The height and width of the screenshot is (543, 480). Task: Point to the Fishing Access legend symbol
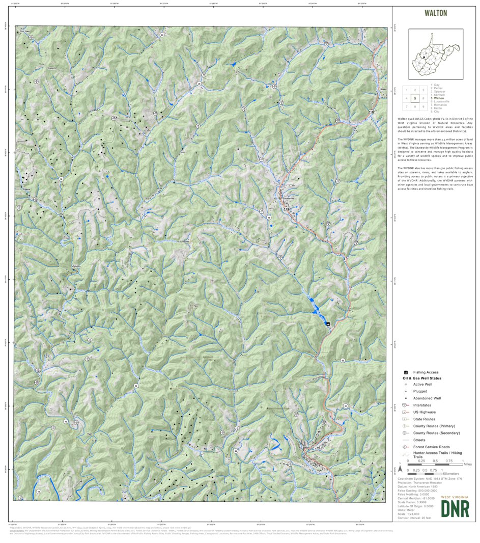click(406, 372)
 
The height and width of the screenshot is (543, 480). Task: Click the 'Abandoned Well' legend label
click(427, 398)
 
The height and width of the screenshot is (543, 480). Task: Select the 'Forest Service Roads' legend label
click(431, 447)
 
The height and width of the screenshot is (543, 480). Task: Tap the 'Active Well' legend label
click(422, 385)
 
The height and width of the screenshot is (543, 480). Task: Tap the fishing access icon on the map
click(327, 323)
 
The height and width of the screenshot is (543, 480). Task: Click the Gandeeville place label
click(288, 199)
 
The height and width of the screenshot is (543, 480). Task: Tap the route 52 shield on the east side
click(343, 360)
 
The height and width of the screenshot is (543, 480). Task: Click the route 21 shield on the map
click(345, 406)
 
